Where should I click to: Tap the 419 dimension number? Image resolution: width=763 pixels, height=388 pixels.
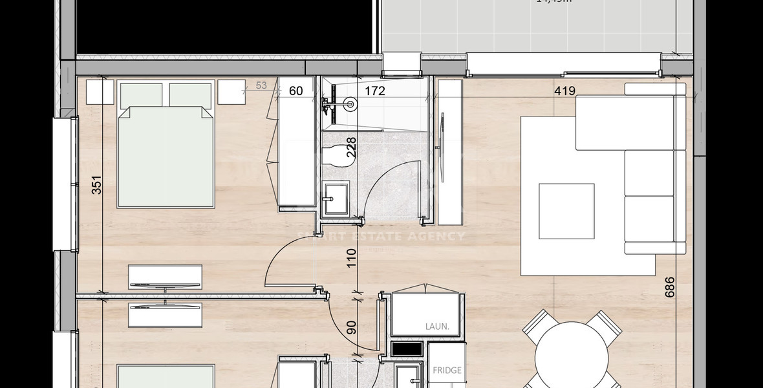564,91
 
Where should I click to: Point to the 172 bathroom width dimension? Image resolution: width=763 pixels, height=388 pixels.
374,91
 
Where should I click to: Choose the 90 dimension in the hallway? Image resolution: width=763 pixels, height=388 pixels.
352,327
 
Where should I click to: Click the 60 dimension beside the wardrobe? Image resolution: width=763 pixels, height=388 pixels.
296,91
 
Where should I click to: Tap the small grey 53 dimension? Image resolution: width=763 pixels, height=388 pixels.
261,85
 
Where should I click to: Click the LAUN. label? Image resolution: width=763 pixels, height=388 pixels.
437,327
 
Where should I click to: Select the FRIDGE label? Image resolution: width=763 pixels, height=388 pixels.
447,371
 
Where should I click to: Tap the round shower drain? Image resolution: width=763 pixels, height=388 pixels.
351,102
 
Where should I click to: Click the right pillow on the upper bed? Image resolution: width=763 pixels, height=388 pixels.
191,95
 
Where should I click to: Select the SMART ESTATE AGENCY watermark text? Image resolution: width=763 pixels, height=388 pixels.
380,236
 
